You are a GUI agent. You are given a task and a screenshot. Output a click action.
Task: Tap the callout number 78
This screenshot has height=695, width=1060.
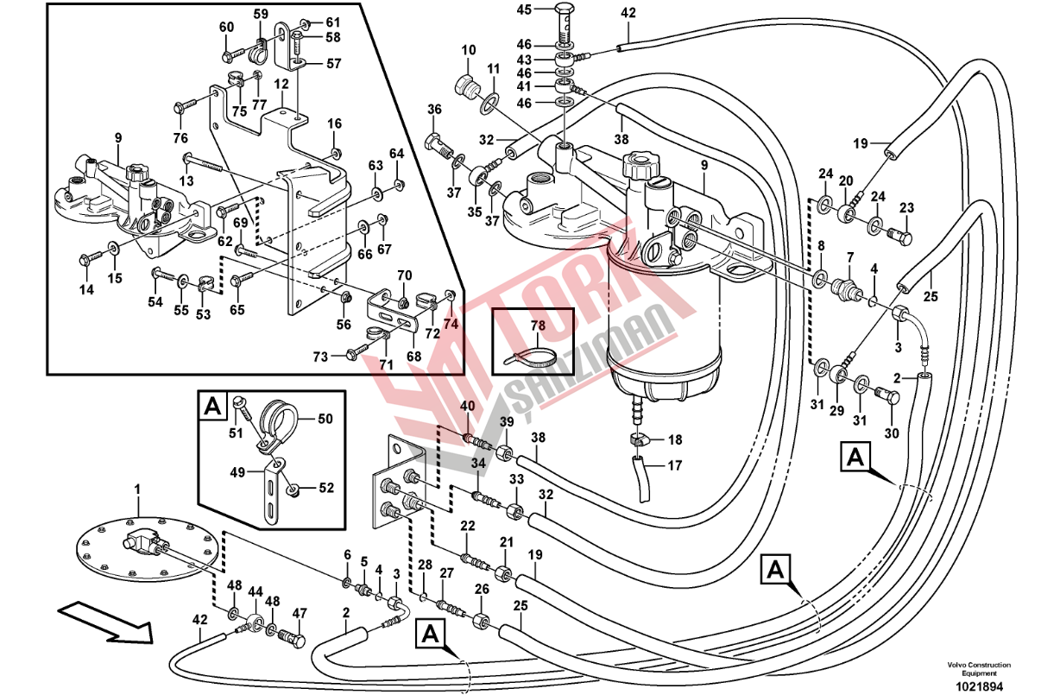538,325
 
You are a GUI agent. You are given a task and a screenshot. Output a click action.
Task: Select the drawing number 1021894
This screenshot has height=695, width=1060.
978,686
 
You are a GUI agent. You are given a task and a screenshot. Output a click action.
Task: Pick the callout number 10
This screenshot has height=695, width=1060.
468,51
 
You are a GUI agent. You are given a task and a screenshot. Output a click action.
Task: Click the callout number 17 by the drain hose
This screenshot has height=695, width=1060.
674,465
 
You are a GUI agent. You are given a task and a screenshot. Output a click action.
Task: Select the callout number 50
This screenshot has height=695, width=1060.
325,419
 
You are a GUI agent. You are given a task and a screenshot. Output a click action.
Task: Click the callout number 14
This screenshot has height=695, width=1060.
86,290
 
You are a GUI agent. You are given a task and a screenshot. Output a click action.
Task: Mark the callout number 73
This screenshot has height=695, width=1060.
320,357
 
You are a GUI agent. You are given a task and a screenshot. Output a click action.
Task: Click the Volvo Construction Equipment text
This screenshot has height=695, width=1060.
978,668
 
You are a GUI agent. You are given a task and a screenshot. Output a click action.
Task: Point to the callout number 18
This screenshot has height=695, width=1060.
675,439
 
